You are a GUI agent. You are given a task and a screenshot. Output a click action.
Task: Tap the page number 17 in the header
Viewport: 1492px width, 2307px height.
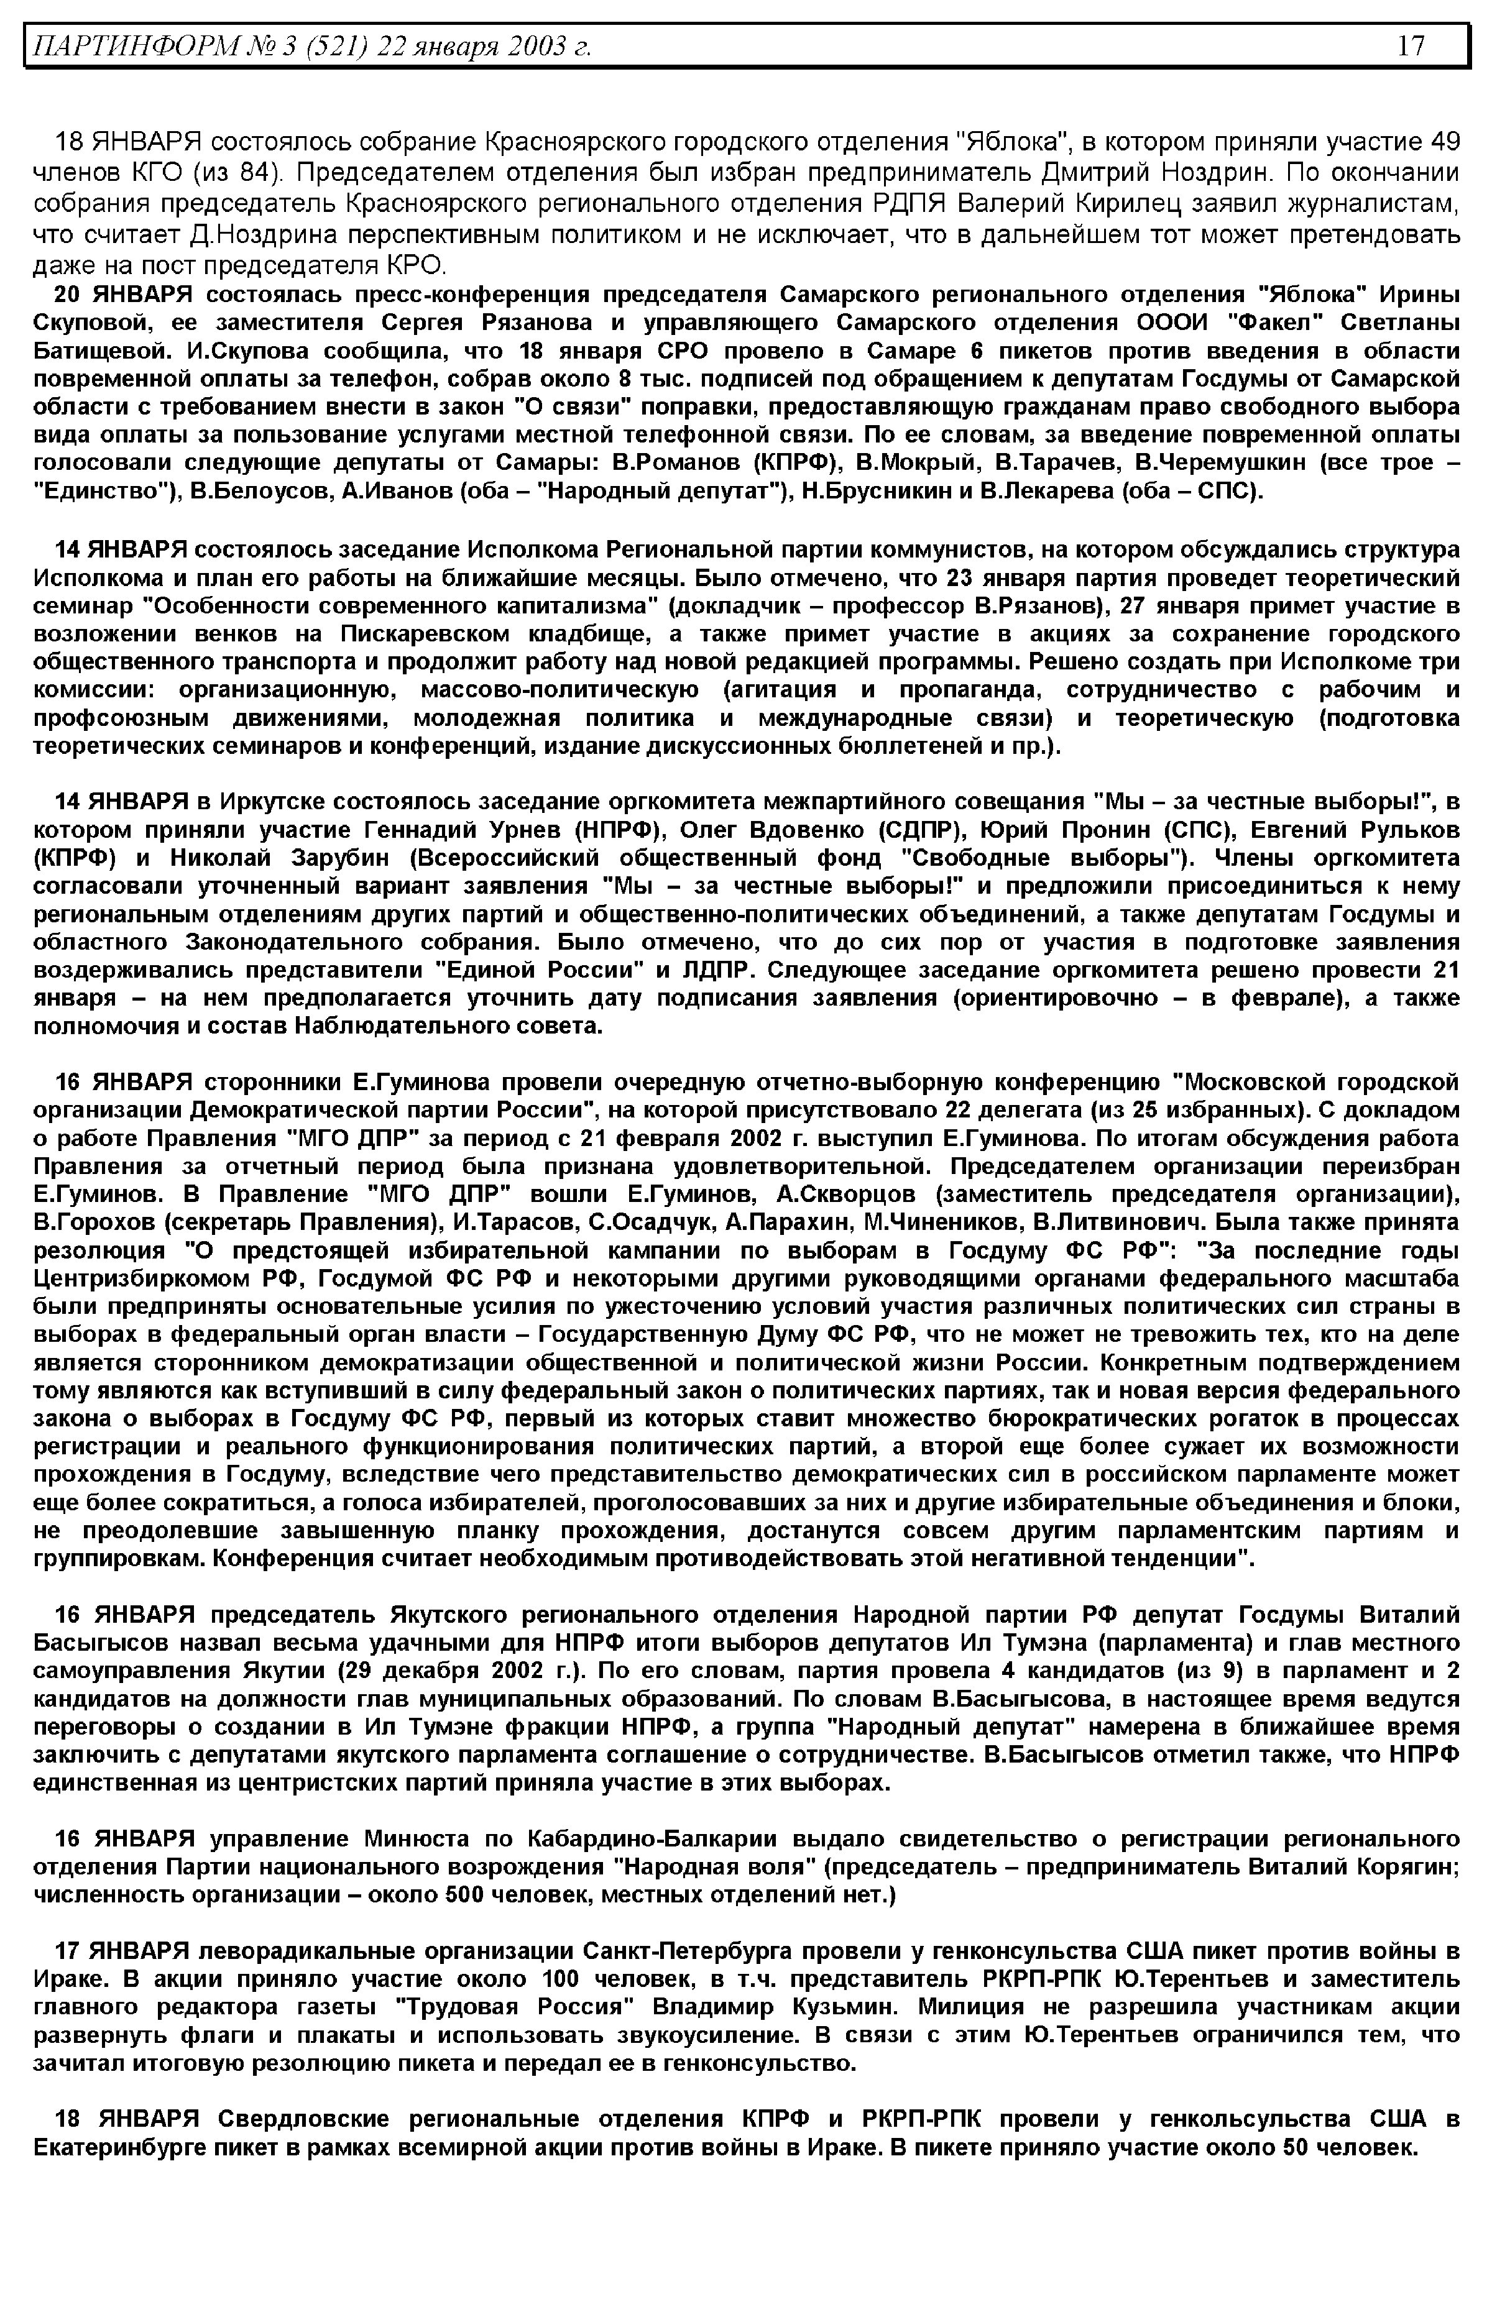tap(1410, 45)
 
